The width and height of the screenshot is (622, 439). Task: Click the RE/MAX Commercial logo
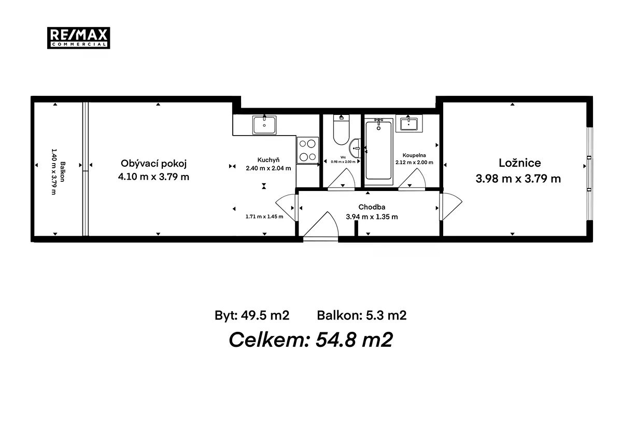pos(79,38)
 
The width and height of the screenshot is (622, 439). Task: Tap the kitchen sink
pos(264,125)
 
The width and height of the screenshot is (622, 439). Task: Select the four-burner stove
pos(308,150)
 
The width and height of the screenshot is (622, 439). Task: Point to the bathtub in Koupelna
pos(378,151)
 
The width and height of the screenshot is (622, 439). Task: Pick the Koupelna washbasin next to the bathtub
pos(409,123)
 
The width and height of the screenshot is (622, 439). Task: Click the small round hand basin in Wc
pos(355,148)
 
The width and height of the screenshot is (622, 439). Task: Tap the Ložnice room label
pos(520,163)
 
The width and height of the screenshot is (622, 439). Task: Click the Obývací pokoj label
pos(153,164)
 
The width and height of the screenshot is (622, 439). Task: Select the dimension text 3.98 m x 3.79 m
pos(518,179)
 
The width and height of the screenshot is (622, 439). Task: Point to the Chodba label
pos(372,207)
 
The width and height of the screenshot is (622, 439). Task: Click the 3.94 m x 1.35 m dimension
pos(372,216)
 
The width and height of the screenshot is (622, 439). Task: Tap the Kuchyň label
pos(268,160)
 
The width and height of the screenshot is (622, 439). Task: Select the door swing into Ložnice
pos(450,207)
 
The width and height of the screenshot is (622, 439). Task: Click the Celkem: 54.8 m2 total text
pos(310,340)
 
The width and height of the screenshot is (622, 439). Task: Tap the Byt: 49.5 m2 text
pos(252,316)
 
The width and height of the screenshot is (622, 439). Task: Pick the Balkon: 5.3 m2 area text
pos(362,315)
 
